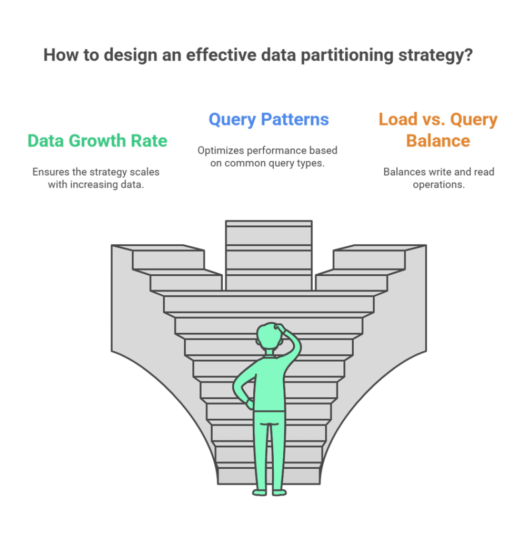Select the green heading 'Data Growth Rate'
pos(97,140)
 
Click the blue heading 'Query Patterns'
pos(269,120)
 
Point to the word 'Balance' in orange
pos(438,141)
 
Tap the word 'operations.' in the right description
pos(439,185)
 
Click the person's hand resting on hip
pos(250,404)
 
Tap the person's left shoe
pos(260,493)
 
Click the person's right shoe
pos(280,493)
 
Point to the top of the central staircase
pos(269,223)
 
